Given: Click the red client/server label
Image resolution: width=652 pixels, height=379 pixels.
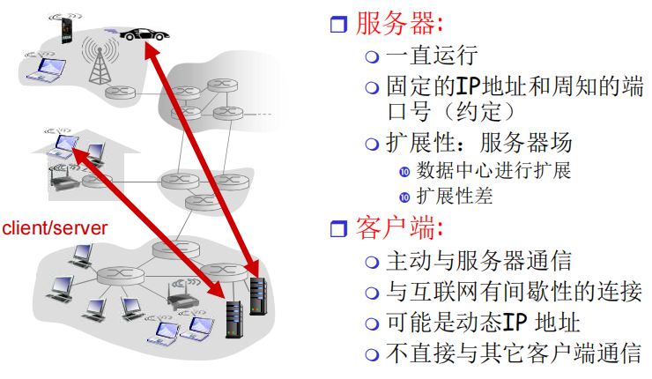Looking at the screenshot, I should tap(55, 228).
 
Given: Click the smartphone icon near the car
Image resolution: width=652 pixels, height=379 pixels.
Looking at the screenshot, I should tap(64, 32).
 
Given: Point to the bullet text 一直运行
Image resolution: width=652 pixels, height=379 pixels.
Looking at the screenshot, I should tap(432, 56).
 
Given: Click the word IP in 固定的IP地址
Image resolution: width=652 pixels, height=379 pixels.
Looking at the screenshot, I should tap(465, 86).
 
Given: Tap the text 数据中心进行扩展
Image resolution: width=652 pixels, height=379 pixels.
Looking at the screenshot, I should tap(494, 170).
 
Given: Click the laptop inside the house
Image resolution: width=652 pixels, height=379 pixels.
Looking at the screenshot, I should tap(63, 144).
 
